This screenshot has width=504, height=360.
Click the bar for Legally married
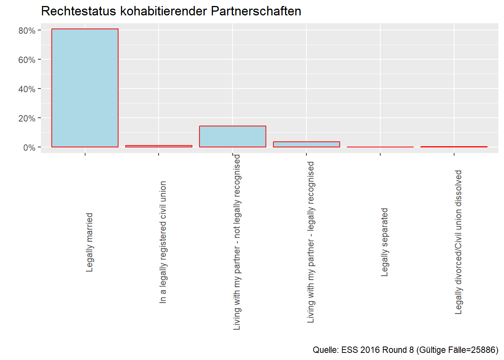pyautogui.click(x=85, y=88)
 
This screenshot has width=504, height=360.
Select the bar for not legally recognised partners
pyautogui.click(x=232, y=136)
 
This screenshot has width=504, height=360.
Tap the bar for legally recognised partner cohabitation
pyautogui.click(x=306, y=144)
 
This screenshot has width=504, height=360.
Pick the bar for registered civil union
pyautogui.click(x=159, y=146)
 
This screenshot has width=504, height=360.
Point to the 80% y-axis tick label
pyautogui.click(x=27, y=31)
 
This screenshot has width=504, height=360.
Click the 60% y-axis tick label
pyautogui.click(x=27, y=60)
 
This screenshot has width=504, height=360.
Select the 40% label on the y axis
pyautogui.click(x=27, y=89)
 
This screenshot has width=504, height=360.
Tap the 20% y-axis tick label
pyautogui.click(x=27, y=118)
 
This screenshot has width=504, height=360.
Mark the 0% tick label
pyautogui.click(x=29, y=148)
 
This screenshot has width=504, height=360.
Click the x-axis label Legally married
pyautogui.click(x=89, y=242)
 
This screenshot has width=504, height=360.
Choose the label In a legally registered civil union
pyautogui.click(x=163, y=242)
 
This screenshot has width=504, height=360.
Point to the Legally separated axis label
pyautogui.click(x=384, y=242)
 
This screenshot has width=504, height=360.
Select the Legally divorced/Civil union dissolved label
pyautogui.click(x=458, y=242)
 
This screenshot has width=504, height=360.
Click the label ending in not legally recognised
pyautogui.click(x=237, y=242)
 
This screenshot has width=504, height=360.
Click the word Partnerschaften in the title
pyautogui.click(x=256, y=11)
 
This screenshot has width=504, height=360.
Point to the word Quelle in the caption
pyautogui.click(x=325, y=350)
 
